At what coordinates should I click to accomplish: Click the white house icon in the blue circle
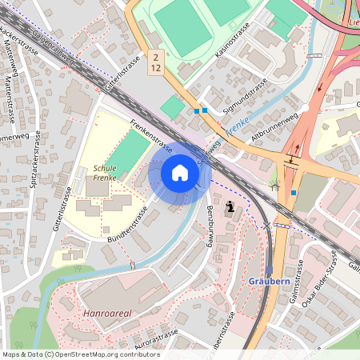coord(180,172)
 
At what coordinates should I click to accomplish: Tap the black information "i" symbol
coord(230,207)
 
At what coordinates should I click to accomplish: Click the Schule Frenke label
coord(106,174)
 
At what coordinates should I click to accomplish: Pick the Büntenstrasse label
coord(126,226)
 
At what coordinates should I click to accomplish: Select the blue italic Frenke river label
coord(238,124)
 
